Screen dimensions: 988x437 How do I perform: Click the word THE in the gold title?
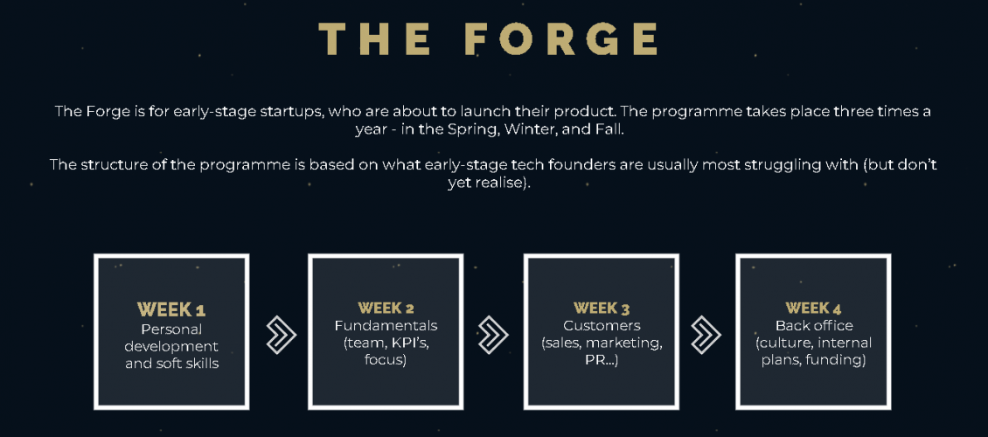tap(375, 39)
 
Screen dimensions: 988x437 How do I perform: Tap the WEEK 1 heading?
tap(171, 309)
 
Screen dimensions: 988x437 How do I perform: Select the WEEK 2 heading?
tap(386, 308)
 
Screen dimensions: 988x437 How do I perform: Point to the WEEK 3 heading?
tap(602, 308)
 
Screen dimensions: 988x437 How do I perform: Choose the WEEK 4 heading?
tap(813, 308)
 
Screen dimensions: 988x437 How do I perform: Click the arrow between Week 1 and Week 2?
tap(281, 332)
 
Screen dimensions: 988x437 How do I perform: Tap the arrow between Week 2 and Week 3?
tap(493, 332)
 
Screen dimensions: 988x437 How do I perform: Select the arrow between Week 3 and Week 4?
tap(706, 332)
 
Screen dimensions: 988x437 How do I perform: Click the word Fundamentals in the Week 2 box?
tap(386, 325)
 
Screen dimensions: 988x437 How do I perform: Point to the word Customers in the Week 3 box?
tap(602, 325)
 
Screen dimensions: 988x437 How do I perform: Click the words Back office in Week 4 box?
tap(814, 325)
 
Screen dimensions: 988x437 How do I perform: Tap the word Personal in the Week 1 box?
tap(171, 329)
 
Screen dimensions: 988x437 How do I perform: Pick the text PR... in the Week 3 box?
tap(602, 361)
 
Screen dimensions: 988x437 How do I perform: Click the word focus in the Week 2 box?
tap(386, 361)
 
